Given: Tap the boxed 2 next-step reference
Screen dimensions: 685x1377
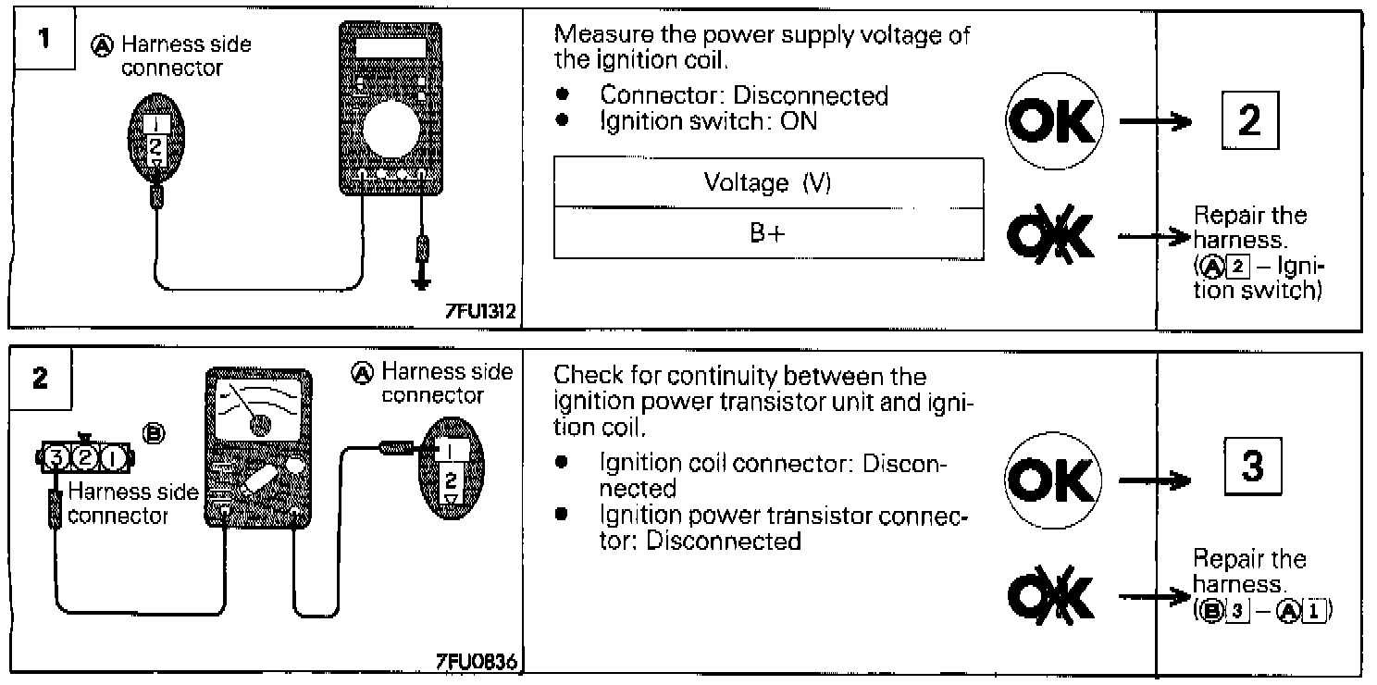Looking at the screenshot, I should point(1248,122).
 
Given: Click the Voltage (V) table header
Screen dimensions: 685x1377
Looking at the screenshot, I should point(767,182).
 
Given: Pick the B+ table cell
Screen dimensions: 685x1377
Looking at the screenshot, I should point(767,234).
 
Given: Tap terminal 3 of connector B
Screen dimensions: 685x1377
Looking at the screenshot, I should point(56,456).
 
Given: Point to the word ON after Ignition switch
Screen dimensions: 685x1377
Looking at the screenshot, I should point(800,120).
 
